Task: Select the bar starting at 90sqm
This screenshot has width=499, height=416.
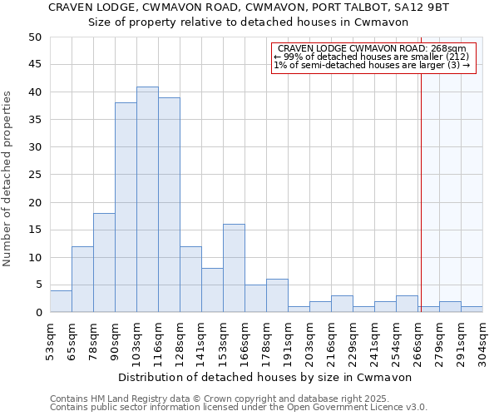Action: tap(126, 208)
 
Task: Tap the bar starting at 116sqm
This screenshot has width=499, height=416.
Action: tap(169, 205)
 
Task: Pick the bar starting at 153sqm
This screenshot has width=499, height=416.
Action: tap(234, 268)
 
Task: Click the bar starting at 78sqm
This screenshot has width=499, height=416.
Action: tap(104, 263)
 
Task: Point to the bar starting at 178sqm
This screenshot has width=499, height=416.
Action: tap(277, 295)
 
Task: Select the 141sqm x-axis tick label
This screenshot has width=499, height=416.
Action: tap(201, 341)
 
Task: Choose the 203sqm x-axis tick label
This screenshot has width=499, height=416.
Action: tap(309, 341)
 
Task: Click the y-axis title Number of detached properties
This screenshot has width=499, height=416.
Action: tap(8, 179)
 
